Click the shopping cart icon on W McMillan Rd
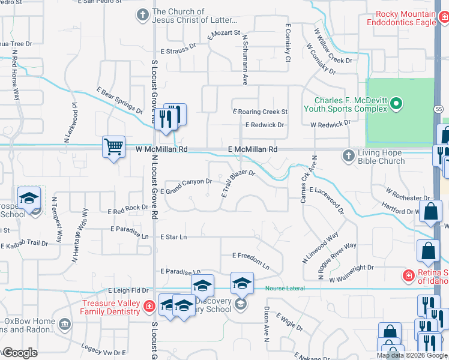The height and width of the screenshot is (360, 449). pyautogui.click(x=114, y=146)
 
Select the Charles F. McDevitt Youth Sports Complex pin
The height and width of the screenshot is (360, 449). pyautogui.click(x=396, y=104)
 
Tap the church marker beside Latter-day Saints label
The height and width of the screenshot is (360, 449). pyautogui.click(x=142, y=14)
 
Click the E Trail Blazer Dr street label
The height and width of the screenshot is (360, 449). pyautogui.click(x=238, y=183)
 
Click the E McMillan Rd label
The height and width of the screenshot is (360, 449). pyautogui.click(x=253, y=149)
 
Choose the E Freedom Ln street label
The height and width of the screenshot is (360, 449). pyautogui.click(x=251, y=259)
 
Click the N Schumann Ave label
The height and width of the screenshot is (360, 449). pyautogui.click(x=245, y=58)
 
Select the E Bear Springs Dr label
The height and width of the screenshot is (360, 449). pyautogui.click(x=119, y=100)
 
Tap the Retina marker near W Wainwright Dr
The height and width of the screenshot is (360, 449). pyautogui.click(x=408, y=275)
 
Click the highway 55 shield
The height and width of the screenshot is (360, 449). pyautogui.click(x=439, y=109)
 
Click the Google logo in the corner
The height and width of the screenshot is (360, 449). pyautogui.click(x=19, y=353)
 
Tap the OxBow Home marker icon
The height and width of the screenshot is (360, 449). pyautogui.click(x=64, y=325)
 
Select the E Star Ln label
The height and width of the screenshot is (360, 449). pyautogui.click(x=173, y=237)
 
